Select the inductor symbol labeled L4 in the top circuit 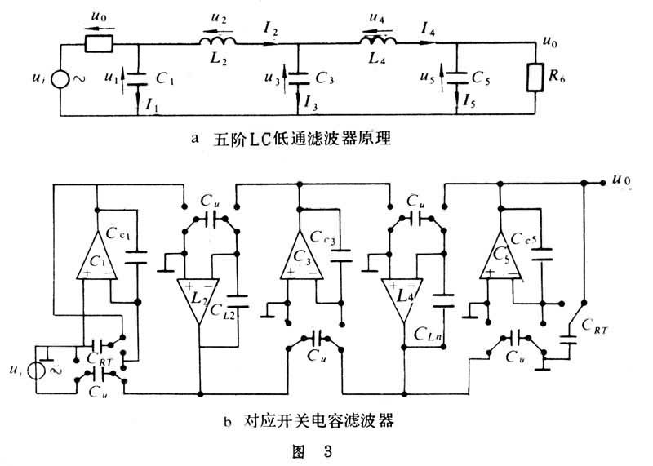[x=378, y=41]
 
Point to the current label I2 [x=270, y=31]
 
